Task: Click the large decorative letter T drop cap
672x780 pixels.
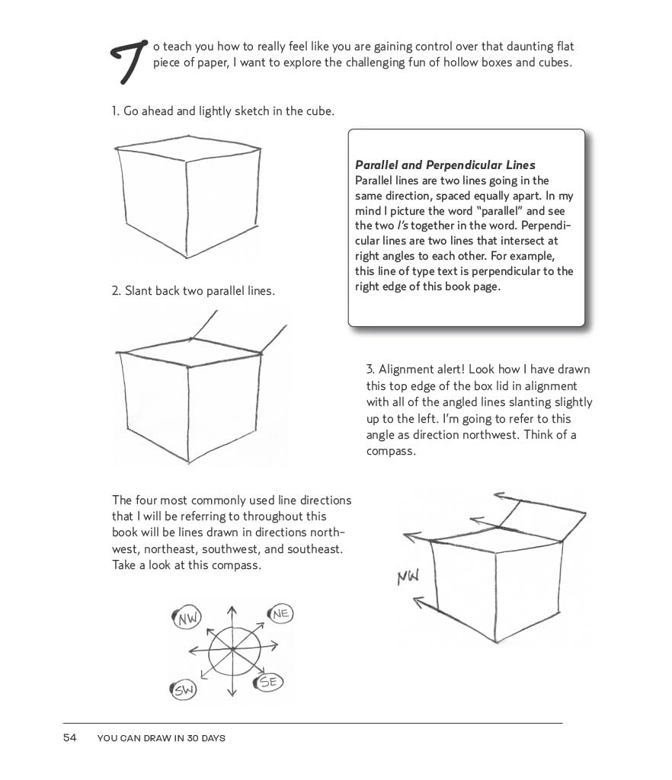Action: (x=129, y=61)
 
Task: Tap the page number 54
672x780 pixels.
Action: (x=69, y=737)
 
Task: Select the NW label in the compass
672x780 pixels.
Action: (x=186, y=619)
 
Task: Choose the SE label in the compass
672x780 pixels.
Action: (x=268, y=682)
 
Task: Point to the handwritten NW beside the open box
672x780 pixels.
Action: (x=408, y=577)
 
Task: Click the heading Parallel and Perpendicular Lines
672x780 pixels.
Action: (x=445, y=165)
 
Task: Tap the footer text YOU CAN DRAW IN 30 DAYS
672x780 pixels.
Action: (x=162, y=738)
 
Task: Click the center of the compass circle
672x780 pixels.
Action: (x=232, y=650)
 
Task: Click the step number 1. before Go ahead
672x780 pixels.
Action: (x=116, y=111)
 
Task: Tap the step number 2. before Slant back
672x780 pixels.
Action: (x=117, y=291)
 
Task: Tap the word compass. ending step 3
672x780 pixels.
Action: (x=391, y=451)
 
